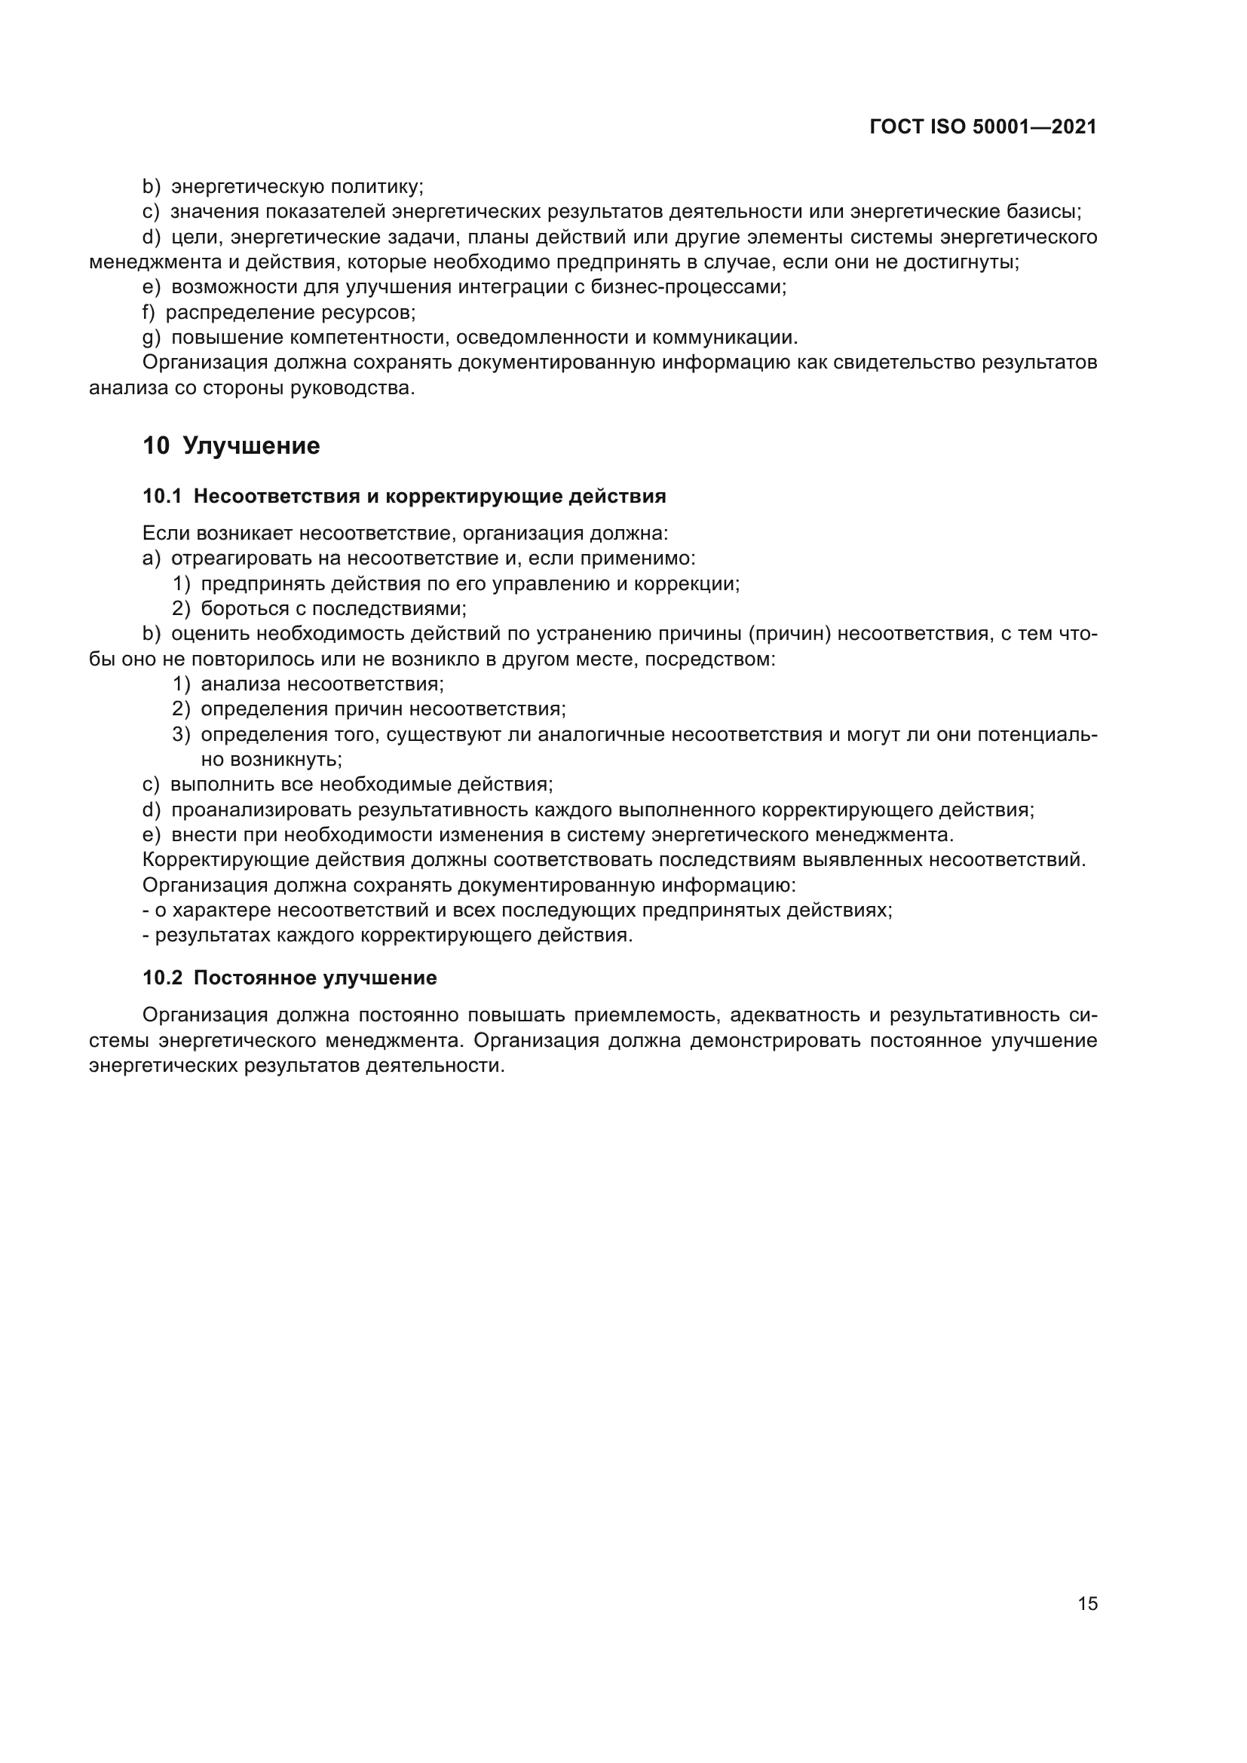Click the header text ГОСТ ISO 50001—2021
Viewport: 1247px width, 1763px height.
983,127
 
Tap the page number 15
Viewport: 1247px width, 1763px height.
1087,1603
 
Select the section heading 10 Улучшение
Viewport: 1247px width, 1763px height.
231,446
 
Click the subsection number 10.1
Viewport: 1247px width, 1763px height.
162,497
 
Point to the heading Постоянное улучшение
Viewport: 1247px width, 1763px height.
315,978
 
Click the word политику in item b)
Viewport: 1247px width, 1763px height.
376,187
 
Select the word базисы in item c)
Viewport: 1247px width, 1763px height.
1043,211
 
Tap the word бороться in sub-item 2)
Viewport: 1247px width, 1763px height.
236,609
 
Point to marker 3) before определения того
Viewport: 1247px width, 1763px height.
181,735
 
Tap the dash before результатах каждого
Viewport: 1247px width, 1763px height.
146,936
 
